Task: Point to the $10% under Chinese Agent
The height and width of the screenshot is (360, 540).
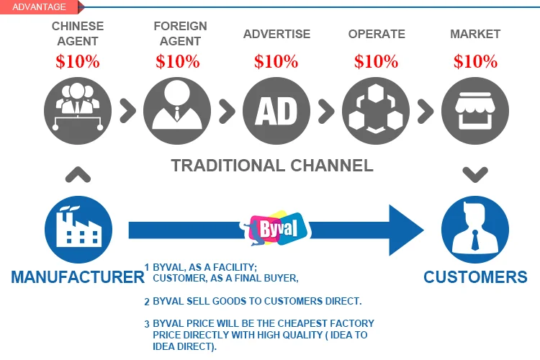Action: [78, 61]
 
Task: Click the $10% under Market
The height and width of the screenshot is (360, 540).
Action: [475, 61]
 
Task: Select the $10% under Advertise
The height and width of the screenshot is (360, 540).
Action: [276, 61]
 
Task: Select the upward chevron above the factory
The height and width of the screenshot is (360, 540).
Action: [78, 174]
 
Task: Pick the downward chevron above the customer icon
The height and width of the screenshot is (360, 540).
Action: [475, 174]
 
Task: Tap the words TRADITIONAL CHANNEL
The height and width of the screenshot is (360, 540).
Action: [272, 166]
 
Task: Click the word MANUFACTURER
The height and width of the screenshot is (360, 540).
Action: [78, 277]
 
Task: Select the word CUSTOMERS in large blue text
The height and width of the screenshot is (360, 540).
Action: [475, 277]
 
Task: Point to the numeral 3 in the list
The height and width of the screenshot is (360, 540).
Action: [147, 324]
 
